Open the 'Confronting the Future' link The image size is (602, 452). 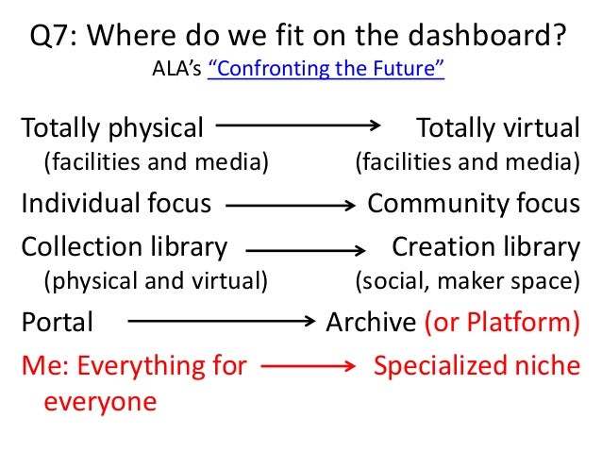[x=325, y=70]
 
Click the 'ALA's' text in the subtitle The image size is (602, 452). [x=174, y=70]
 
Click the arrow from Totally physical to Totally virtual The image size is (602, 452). [x=300, y=124]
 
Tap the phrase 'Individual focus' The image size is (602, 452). [x=116, y=203]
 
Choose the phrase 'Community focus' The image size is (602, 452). [x=474, y=203]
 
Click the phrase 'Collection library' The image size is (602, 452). [x=124, y=247]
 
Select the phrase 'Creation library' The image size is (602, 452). [x=486, y=247]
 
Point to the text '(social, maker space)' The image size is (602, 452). [x=467, y=280]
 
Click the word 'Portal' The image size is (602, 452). [x=58, y=323]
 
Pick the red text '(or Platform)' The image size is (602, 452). [x=501, y=323]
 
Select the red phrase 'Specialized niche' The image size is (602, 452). [x=477, y=364]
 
